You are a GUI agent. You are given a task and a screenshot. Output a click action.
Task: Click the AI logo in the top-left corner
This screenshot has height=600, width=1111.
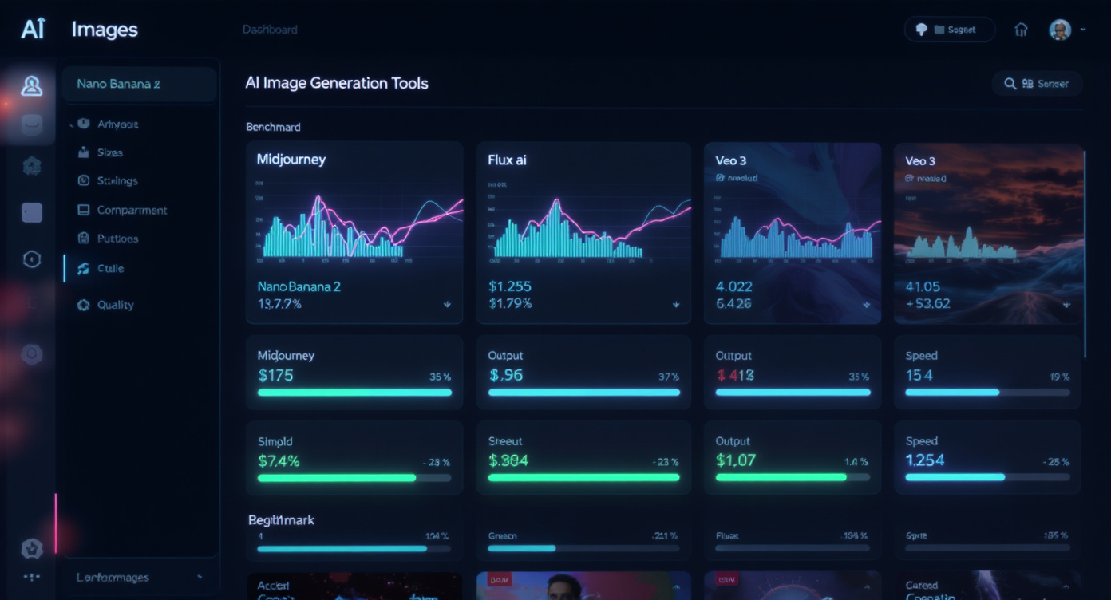coord(33,30)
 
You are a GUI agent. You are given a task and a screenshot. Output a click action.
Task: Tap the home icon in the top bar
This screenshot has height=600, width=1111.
coord(1021,30)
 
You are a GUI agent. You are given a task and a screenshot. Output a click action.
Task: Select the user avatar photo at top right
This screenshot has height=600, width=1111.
coord(1059,30)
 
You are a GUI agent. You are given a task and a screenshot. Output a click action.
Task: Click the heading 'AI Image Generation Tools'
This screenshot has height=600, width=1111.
coord(336,83)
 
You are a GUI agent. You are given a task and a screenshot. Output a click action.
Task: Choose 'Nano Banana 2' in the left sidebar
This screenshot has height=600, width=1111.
coord(118,84)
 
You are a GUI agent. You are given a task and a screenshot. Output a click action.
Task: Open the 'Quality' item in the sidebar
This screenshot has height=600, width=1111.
coord(115,305)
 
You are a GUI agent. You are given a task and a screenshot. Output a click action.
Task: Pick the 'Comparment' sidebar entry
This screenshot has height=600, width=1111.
coord(132,211)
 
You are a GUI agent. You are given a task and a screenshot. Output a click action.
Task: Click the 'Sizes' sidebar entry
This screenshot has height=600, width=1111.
coord(109,152)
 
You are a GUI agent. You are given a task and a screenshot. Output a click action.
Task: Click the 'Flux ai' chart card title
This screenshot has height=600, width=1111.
coord(507,160)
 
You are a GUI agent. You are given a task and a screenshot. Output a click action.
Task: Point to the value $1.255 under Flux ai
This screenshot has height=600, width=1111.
coord(509,286)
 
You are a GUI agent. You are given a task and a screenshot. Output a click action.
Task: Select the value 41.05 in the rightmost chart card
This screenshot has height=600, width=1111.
coord(923,286)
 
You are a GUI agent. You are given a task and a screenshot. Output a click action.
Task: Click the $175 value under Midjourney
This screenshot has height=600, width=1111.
coord(275,375)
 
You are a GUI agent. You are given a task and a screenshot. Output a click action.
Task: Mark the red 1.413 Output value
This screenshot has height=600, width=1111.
coord(735,375)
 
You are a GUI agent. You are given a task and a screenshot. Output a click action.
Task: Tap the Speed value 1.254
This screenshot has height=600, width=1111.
coord(925,460)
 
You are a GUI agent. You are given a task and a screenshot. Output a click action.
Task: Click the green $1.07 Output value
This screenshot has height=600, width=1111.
coord(735,460)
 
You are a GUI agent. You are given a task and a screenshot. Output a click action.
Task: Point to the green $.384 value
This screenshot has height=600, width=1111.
coord(508,460)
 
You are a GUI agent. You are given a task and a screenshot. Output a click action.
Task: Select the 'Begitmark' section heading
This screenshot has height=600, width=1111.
coord(281,520)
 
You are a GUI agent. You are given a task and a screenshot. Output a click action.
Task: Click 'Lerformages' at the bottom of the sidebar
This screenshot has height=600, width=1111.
coord(113,578)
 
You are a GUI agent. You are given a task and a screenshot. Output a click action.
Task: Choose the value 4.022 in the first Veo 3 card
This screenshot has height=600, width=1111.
coord(733,286)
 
